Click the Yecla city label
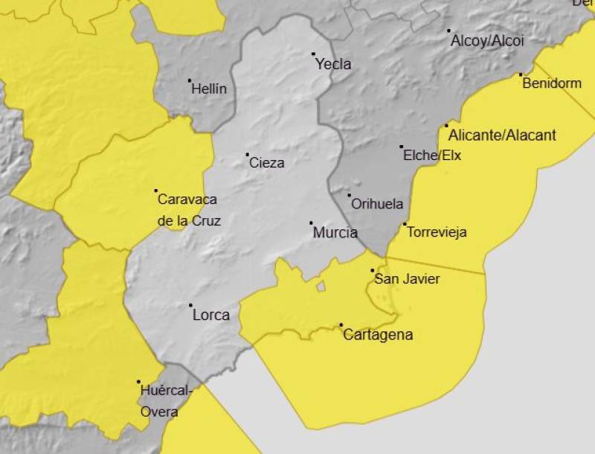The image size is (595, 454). pos(333,64)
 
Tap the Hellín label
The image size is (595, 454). pos(209,89)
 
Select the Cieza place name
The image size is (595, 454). pos(266,163)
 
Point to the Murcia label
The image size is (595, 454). pos(335,232)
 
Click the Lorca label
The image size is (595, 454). pos(210,315)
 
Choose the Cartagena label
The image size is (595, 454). pos(377,335)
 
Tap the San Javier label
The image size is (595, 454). pos(407,279)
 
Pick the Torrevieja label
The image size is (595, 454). pos(437,232)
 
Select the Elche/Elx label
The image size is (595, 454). pos(432,156)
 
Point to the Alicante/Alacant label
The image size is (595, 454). pos(502,135)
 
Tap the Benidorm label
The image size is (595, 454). pos(551,83)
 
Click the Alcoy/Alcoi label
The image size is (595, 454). pos(487,40)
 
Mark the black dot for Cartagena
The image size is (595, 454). pos(341,324)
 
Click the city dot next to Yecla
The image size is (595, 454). pos(313,54)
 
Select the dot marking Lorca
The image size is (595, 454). pos(190,305)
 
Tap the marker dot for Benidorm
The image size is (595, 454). pos(521,74)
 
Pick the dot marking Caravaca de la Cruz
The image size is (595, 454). pos(155,191)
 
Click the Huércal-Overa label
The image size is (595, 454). pos(166,401)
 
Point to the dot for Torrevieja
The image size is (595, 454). pos(405,224)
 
